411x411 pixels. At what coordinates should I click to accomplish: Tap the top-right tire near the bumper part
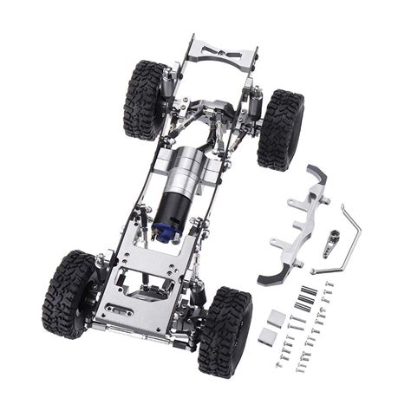[280, 128]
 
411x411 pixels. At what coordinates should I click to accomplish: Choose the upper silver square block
[275, 317]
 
